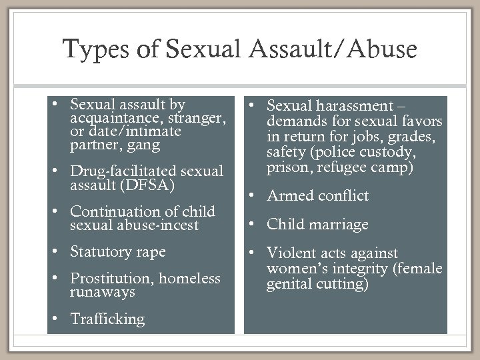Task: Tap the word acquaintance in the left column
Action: (x=105, y=118)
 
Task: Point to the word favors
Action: (x=422, y=120)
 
